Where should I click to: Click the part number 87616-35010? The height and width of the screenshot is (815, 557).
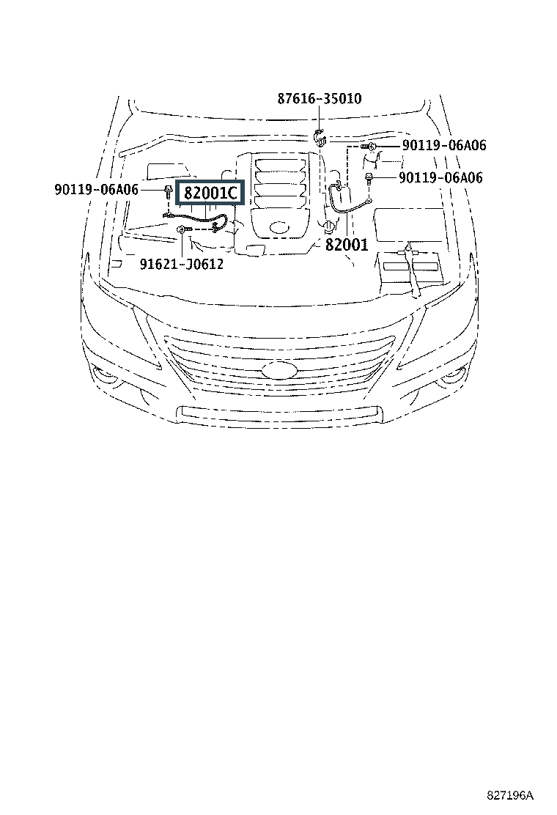319,98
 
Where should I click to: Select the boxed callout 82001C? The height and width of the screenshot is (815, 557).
210,193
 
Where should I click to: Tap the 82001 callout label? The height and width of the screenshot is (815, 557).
347,244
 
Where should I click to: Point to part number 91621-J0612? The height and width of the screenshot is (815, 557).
181,264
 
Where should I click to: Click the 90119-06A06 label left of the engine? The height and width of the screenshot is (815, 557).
97,189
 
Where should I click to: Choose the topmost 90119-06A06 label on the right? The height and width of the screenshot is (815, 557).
444,145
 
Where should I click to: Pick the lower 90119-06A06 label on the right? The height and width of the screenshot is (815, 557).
440,178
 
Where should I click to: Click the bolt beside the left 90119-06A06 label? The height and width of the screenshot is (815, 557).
168,191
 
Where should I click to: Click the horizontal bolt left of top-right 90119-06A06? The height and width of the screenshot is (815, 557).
369,147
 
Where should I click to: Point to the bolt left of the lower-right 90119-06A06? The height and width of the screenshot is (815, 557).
369,178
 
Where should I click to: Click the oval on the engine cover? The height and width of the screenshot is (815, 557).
279,227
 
